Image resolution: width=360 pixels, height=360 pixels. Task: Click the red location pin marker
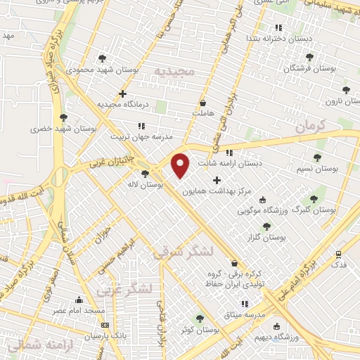(181, 165)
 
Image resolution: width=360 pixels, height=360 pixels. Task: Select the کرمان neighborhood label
(311, 127)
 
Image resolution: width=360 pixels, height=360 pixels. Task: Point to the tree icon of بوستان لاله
(145, 174)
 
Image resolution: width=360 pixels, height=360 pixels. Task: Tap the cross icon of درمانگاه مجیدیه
(123, 93)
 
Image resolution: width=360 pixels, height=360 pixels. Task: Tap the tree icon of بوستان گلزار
(266, 226)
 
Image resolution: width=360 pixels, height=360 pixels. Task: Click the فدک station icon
(339, 255)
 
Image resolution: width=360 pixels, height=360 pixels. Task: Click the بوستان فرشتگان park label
(309, 68)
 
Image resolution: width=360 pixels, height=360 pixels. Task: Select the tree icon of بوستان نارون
(345, 90)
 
